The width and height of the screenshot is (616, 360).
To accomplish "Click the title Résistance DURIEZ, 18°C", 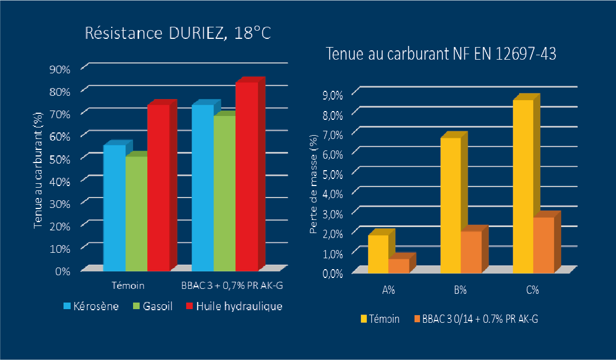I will pos(179,33).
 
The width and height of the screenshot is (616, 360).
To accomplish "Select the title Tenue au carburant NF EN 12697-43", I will pos(441,55).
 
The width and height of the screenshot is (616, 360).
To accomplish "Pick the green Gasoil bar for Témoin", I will pos(136,213).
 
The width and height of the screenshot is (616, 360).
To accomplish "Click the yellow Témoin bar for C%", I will pos(523,186).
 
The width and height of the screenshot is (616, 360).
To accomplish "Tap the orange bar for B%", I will pos(471,252).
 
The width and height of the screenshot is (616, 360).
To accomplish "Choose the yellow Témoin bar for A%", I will pos(378,254).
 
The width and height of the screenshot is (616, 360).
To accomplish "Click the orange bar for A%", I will pos(399,265).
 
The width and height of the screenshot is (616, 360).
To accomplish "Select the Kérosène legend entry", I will pos(91,306).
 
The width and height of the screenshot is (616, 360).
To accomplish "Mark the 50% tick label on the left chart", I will pos(61,159).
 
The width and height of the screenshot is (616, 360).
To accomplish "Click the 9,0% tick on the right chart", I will pos(333,95).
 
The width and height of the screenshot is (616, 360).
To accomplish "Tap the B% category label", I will pos(460,291).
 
